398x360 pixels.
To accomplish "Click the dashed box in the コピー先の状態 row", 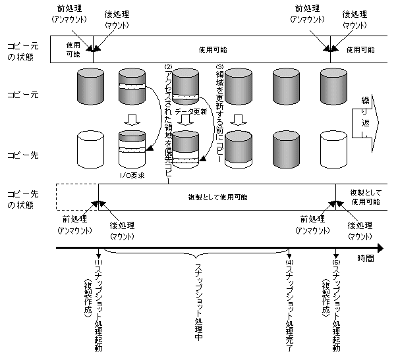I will pyautogui.click(x=77, y=197).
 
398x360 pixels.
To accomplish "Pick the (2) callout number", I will pyautogui.click(x=168, y=67).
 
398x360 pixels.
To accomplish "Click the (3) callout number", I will pyautogui.click(x=220, y=67).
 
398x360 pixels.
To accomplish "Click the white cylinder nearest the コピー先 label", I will pyautogui.click(x=90, y=148).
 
